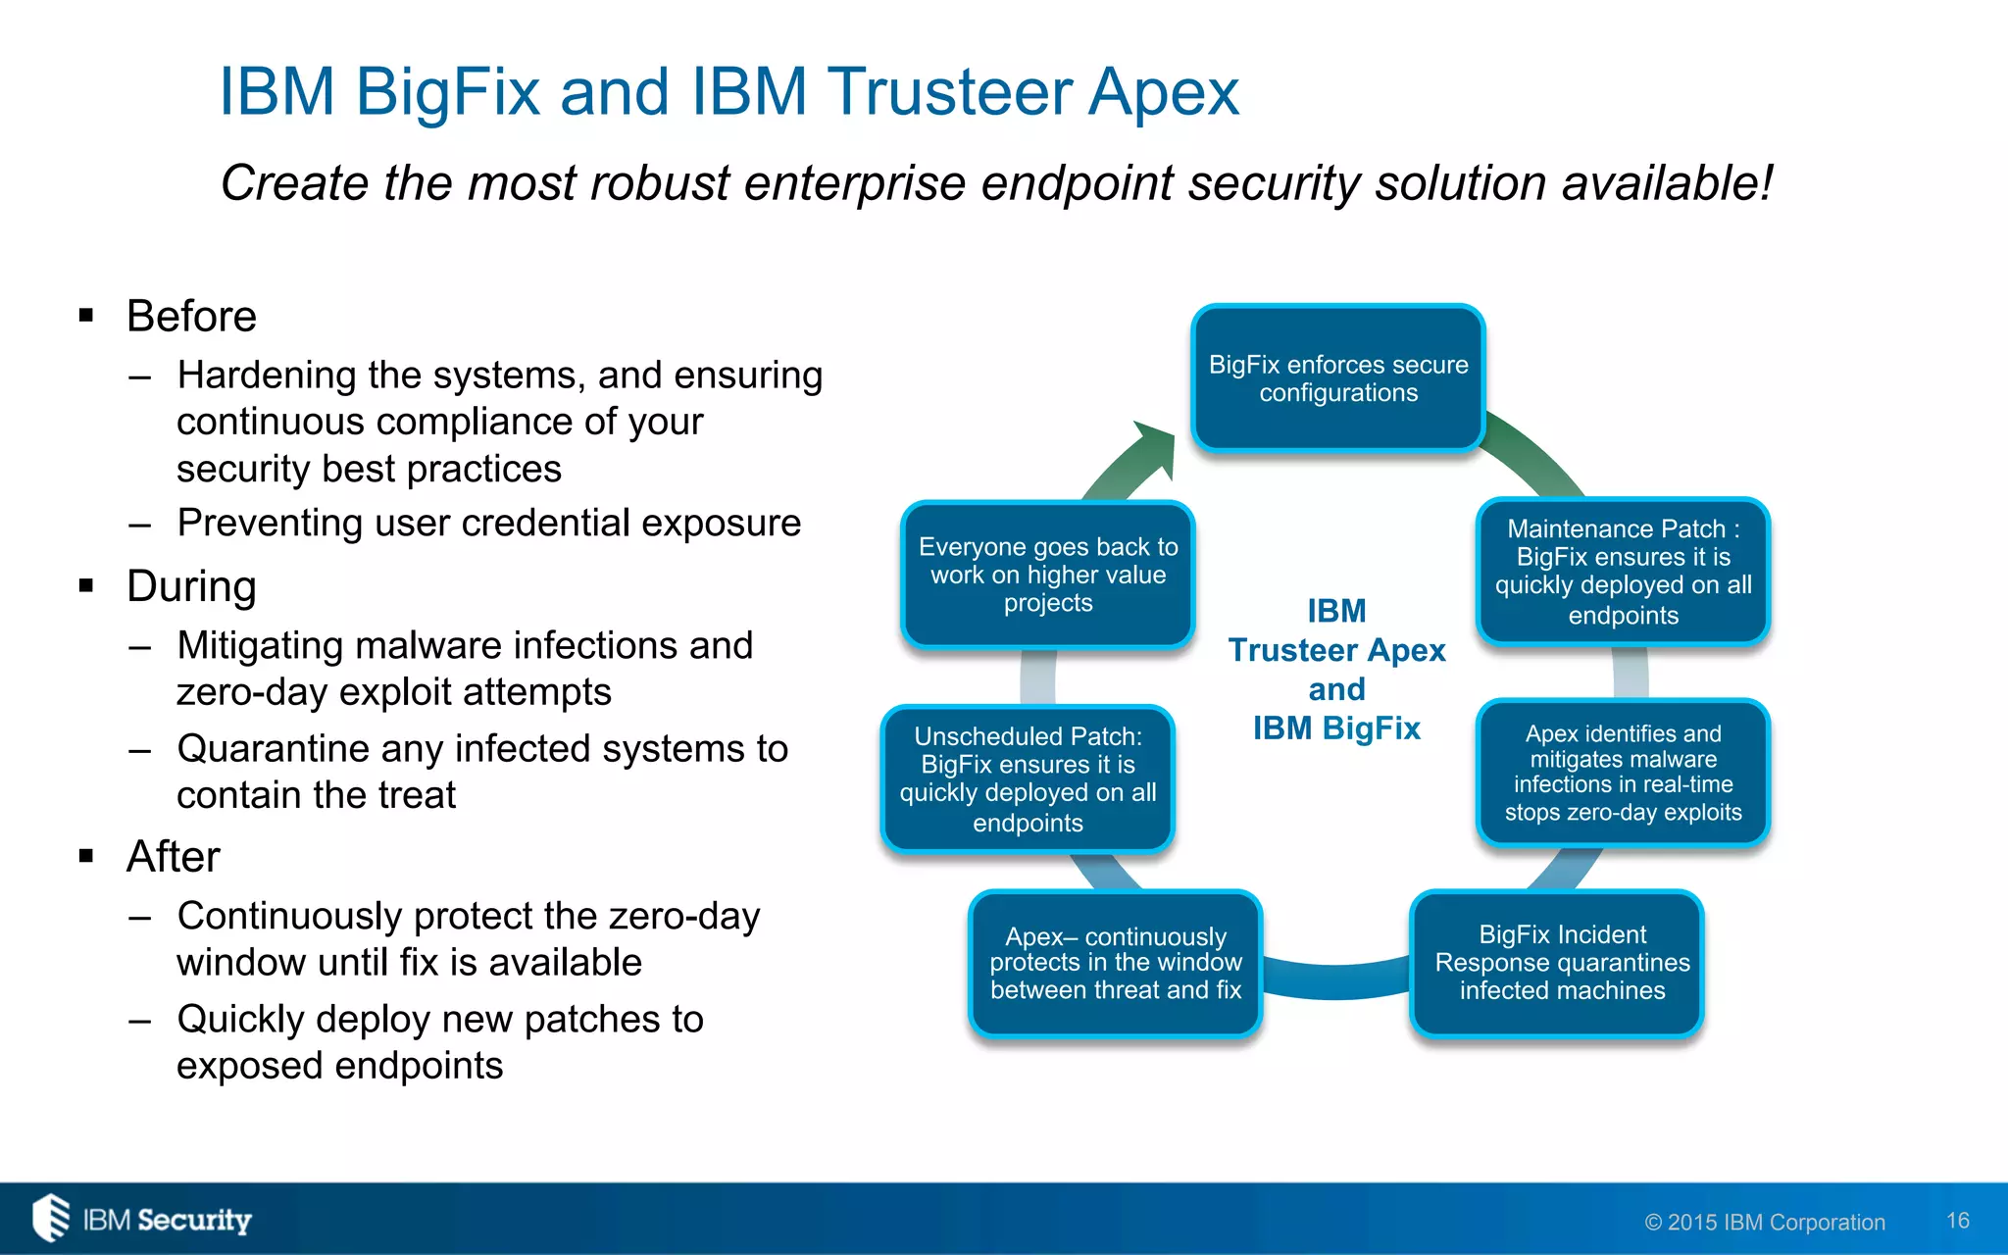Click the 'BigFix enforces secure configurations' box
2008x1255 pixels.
(x=1337, y=378)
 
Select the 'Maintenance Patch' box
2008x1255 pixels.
(x=1623, y=572)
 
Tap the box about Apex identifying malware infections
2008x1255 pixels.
(x=1623, y=773)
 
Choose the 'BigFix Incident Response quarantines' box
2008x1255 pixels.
(x=1561, y=963)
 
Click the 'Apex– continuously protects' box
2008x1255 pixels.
(x=1115, y=963)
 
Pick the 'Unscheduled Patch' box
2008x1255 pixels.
(x=1028, y=778)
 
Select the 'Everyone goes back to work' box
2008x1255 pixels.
(x=1047, y=575)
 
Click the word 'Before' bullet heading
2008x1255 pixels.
(x=191, y=317)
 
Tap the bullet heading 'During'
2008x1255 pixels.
(x=191, y=586)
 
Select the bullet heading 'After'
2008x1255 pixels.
(x=174, y=857)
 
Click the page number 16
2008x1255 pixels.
(x=1957, y=1221)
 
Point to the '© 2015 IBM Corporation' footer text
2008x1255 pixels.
(x=1764, y=1223)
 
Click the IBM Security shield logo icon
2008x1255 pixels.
(x=51, y=1218)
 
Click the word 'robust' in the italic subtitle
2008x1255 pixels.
(x=659, y=183)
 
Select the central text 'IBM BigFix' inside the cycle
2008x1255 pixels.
(x=1335, y=728)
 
